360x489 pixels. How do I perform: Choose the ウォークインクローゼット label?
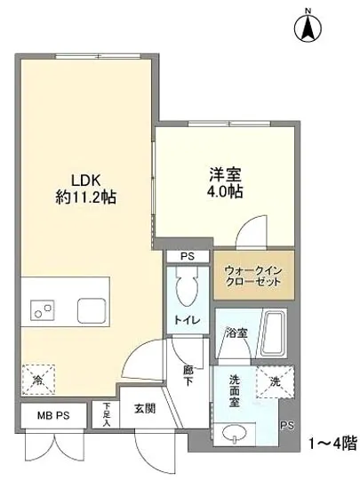[253, 275]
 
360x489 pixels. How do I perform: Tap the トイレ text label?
[187, 318]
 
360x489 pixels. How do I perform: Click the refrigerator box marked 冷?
[37, 377]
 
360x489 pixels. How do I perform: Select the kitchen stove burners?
[40, 310]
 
